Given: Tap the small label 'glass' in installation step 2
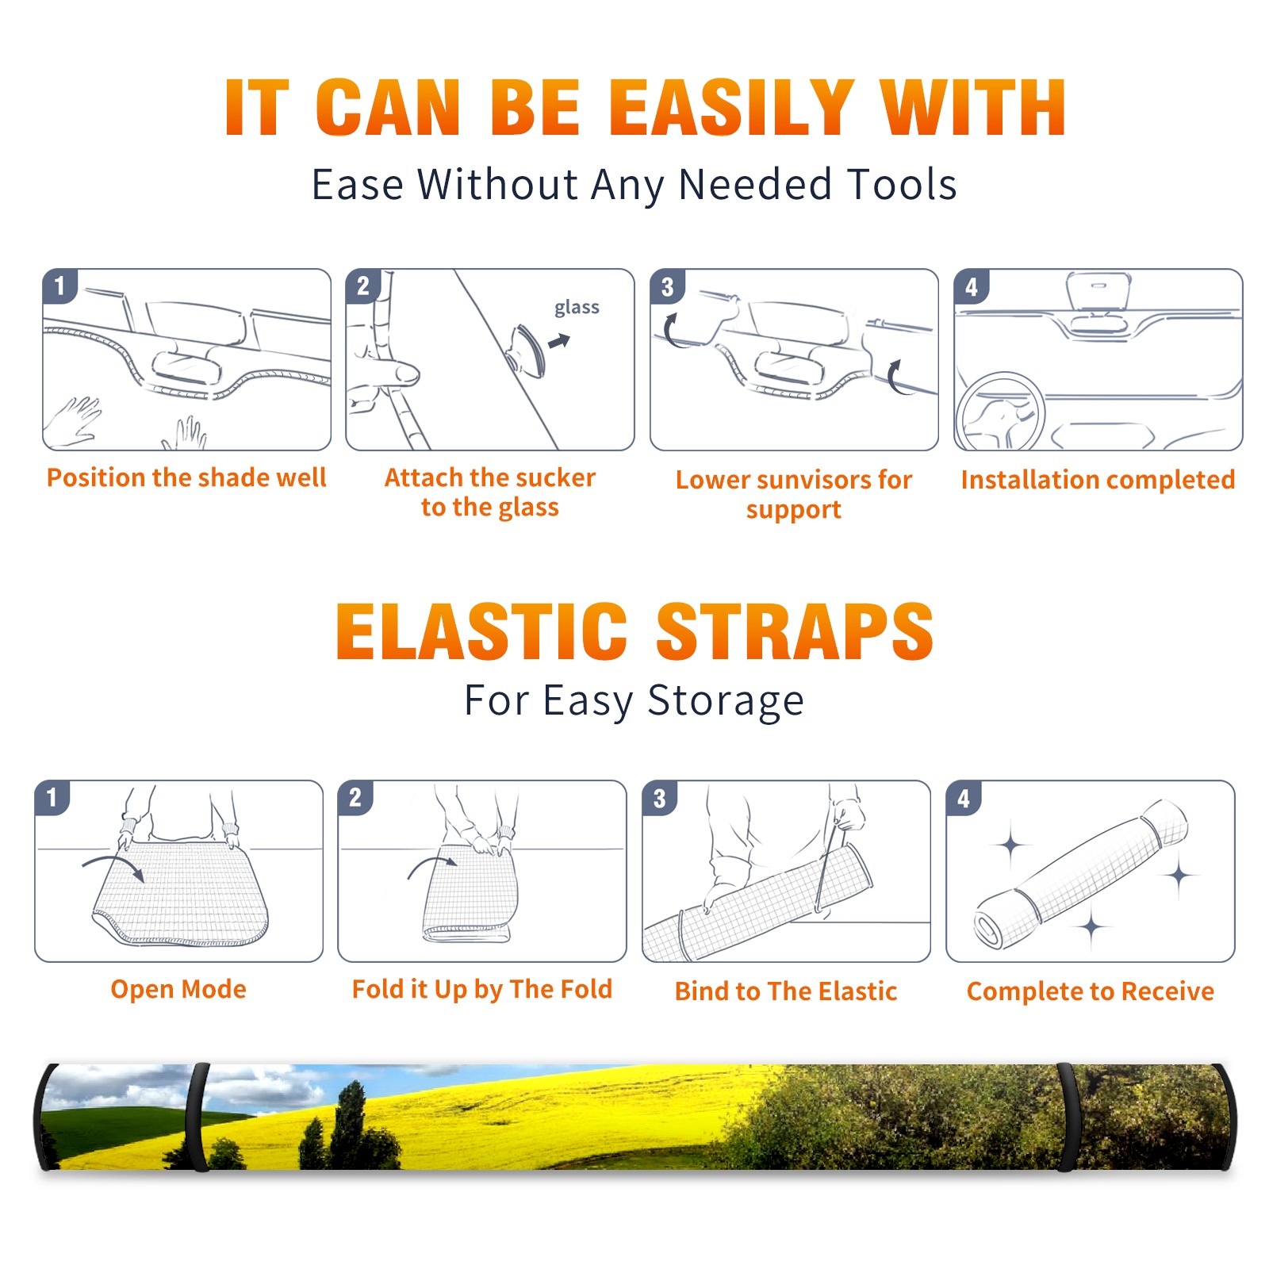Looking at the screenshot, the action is pos(577,308).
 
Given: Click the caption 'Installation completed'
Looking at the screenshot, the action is pos(1098,480).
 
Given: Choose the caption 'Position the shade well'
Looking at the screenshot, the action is pos(186,477).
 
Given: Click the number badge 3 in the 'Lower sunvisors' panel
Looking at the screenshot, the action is pos(667,286).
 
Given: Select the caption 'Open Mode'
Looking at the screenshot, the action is pos(178,989).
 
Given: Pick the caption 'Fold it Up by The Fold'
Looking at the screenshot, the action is pos(482,989).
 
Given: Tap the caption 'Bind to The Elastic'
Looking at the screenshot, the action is pos(786,991).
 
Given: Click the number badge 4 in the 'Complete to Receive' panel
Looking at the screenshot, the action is pos(964,798).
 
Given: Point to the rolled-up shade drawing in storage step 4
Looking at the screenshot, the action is pos(1081,874).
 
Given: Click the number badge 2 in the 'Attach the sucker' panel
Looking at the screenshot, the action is pos(363,286).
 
